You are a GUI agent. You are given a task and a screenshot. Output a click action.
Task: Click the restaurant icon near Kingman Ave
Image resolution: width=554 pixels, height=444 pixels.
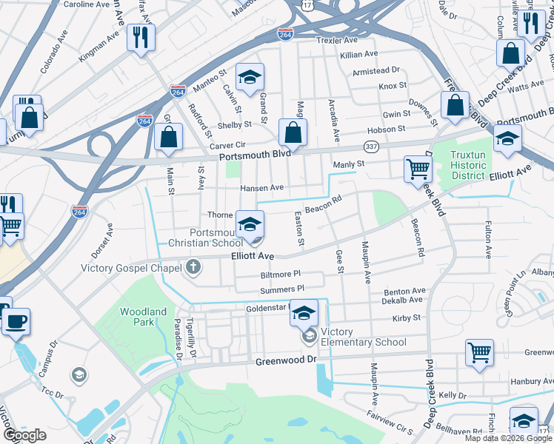coord(141,37)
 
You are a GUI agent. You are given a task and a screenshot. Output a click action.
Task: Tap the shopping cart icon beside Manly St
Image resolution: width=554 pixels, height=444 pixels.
coord(418,169)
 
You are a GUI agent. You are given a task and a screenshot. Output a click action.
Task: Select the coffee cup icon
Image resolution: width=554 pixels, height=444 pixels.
coord(16,322)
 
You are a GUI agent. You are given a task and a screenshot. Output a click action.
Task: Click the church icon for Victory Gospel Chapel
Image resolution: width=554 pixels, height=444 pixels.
coord(193,266)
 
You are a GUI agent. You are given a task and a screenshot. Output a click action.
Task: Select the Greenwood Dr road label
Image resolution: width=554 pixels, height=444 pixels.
coord(285,360)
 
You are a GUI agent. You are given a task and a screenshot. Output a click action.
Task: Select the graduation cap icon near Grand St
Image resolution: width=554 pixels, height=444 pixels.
coord(250,76)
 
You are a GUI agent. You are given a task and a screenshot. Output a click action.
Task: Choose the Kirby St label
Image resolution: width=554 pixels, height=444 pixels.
coord(407,317)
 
